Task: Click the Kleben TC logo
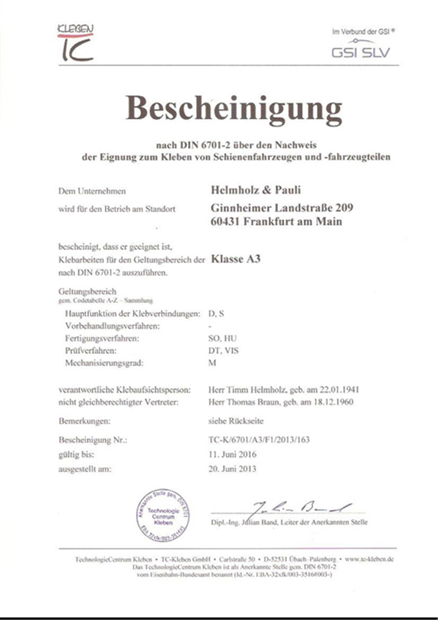coord(76,42)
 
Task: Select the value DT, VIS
coord(224,351)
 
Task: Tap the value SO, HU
coord(223,339)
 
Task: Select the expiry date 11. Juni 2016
coord(232,454)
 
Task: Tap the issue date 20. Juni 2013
coord(232,468)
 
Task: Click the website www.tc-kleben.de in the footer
coord(367,560)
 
